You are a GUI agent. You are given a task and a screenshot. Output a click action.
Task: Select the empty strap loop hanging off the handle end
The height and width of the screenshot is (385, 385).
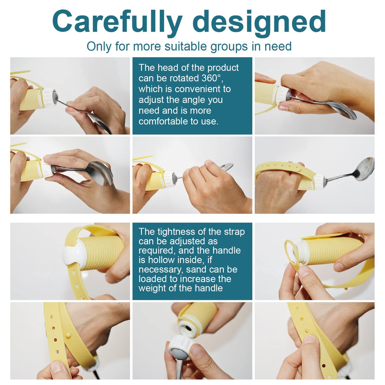[291, 253]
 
